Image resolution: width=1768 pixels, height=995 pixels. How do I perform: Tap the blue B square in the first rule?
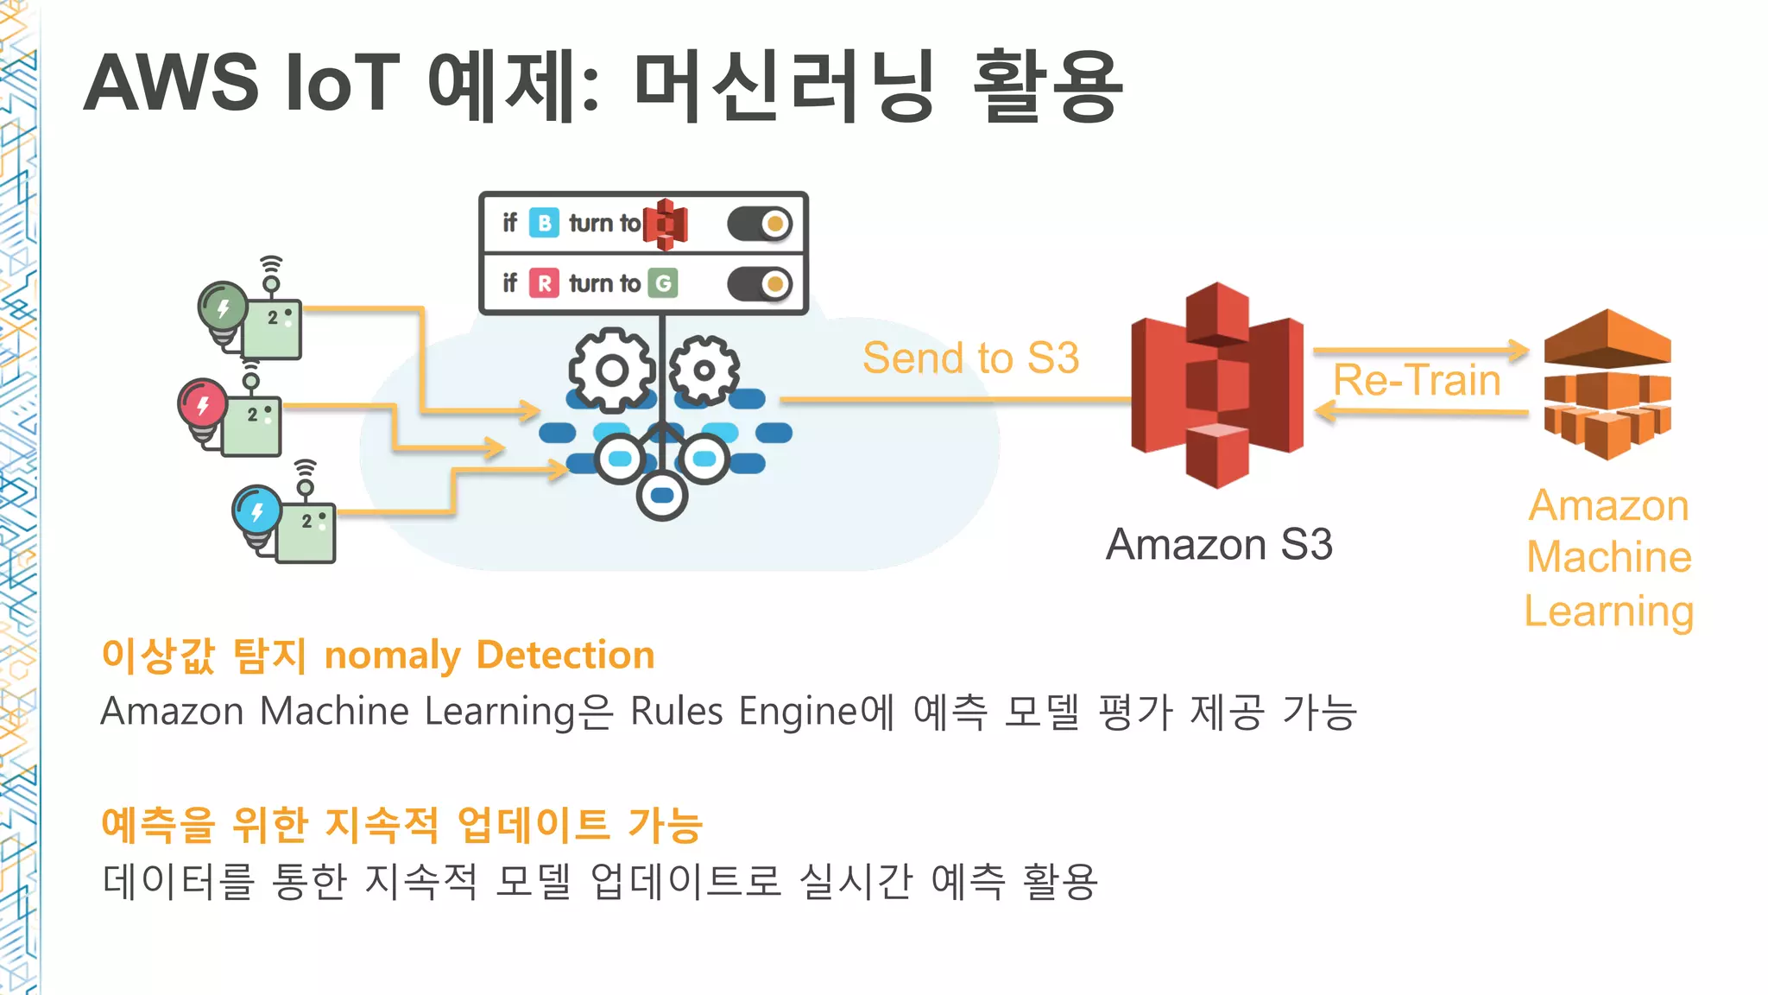point(544,223)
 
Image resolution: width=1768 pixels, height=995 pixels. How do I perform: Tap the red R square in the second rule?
point(544,283)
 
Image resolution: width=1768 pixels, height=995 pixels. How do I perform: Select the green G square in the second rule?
point(663,283)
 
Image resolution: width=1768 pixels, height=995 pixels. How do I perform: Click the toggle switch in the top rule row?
point(760,224)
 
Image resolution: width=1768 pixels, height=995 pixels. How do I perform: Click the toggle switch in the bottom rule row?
point(760,283)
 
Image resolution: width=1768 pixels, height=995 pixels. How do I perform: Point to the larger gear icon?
point(612,371)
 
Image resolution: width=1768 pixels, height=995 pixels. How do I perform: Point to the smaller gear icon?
point(704,371)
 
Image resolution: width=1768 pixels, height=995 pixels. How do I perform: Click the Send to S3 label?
point(970,358)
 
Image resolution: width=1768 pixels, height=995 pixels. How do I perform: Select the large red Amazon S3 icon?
point(1217,385)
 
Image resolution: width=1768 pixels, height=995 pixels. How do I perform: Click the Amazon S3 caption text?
point(1219,544)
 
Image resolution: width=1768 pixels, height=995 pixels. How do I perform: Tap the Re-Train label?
point(1417,380)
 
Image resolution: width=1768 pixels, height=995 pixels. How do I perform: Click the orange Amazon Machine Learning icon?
point(1607,385)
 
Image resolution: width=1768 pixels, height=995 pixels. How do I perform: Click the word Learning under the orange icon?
point(1608,612)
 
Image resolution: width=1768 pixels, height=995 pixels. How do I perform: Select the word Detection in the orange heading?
point(565,655)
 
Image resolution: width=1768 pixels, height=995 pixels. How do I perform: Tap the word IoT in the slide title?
point(342,83)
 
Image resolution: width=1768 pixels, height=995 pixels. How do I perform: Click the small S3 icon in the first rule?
point(665,224)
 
